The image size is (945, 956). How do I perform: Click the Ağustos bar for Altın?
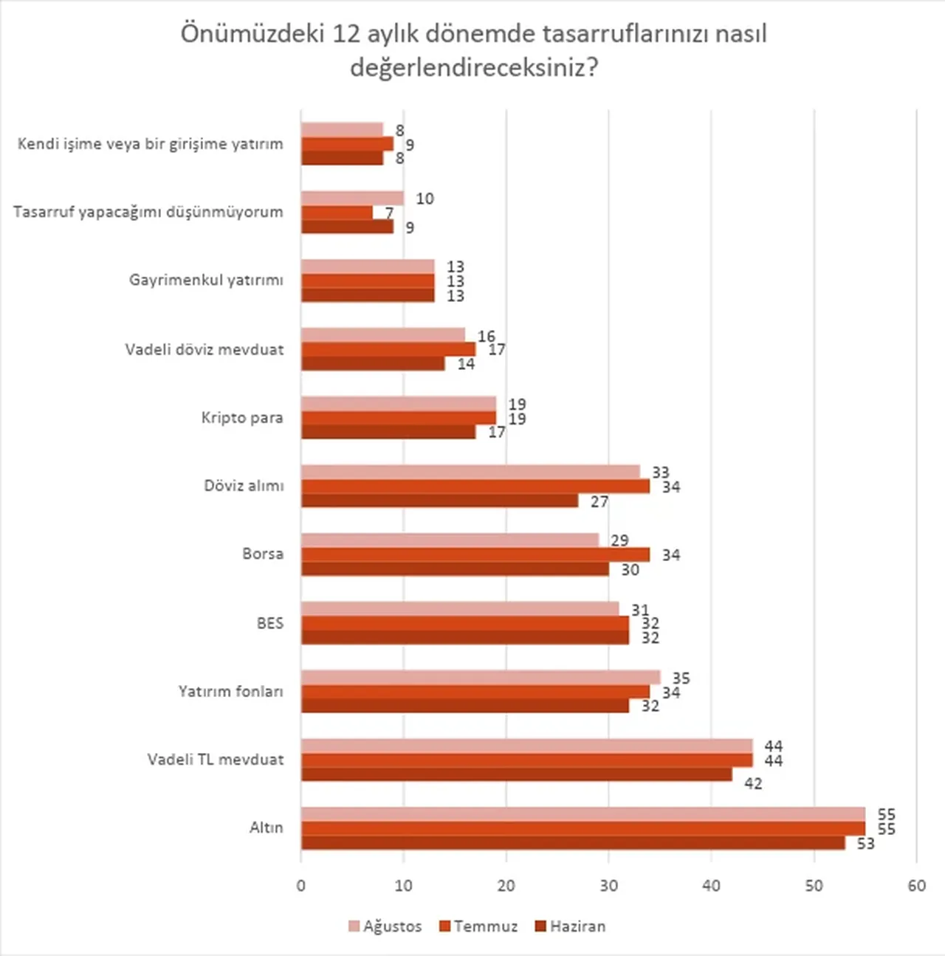(583, 814)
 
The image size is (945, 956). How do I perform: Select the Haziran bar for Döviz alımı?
(439, 501)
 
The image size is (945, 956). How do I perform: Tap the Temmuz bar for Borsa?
(475, 554)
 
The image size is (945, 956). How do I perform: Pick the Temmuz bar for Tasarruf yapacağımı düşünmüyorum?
(337, 213)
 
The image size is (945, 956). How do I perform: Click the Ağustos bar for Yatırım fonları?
(481, 677)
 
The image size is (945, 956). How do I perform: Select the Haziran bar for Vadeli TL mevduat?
(517, 774)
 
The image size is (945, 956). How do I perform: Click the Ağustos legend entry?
(385, 926)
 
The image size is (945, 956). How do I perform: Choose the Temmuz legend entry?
(478, 926)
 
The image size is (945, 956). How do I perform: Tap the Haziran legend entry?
(571, 926)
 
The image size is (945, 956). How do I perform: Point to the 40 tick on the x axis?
(711, 885)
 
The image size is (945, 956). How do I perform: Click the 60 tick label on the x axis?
(916, 885)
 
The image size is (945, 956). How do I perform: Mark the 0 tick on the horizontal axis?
(301, 885)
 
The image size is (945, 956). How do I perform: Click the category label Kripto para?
(242, 418)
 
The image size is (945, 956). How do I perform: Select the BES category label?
(269, 623)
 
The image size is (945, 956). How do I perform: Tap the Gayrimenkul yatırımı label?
(206, 281)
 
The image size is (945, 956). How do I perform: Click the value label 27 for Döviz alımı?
(599, 502)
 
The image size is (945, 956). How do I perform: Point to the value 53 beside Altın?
(865, 843)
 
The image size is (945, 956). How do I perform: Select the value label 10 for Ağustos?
(425, 199)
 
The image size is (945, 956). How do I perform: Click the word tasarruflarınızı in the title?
(626, 35)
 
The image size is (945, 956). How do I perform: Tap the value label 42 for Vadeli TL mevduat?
(753, 783)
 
